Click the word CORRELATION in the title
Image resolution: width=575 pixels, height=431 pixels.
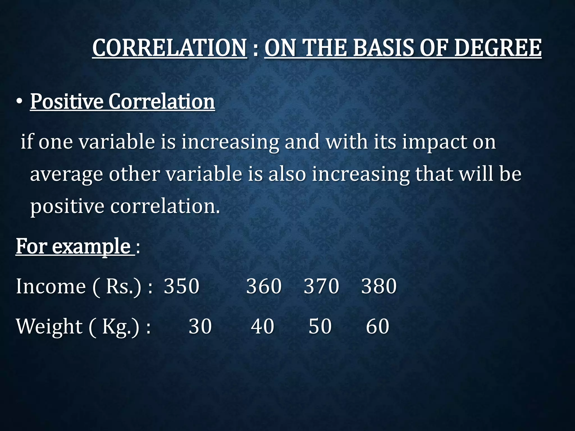[x=170, y=48]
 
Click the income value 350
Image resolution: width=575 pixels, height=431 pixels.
[x=181, y=286]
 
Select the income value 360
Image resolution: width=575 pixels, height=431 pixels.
[x=264, y=286]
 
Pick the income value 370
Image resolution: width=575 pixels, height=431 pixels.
[x=321, y=286]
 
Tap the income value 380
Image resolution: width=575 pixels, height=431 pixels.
[x=379, y=286]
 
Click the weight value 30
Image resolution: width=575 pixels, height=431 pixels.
[x=200, y=326]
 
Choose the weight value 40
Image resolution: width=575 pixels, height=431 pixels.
[x=262, y=326]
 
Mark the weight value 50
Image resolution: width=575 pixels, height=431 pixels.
[x=320, y=326]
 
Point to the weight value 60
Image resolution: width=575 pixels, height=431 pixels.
[x=377, y=326]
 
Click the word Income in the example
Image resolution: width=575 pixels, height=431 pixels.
[x=51, y=286]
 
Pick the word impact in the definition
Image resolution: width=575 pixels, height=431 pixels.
[x=434, y=142]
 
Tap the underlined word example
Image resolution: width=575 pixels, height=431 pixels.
[x=91, y=247]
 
